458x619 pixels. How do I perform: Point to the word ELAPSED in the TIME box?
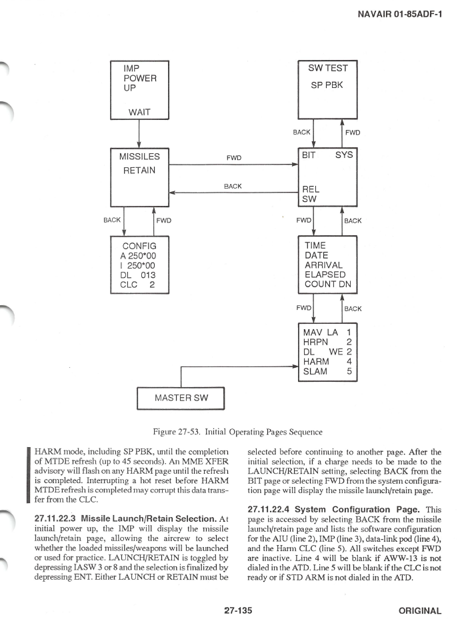pos(325,275)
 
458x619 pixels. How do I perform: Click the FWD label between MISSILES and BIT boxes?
pos(234,158)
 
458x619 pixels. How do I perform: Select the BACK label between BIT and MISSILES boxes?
pos(233,186)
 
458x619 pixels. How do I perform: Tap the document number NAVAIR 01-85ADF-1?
pos(399,14)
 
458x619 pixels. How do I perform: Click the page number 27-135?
pos(238,610)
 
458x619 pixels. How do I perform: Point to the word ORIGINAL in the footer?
pos(420,611)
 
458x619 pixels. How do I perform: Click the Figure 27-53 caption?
pos(238,432)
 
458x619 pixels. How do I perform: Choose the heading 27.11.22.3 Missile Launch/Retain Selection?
pos(125,519)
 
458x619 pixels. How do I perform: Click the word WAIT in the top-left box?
pos(139,112)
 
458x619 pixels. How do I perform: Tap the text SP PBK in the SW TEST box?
pos(327,85)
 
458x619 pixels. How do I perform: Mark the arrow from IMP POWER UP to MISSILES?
pos(139,134)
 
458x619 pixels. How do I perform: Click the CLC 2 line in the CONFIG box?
pos(137,285)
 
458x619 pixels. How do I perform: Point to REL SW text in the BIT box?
pos(311,194)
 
